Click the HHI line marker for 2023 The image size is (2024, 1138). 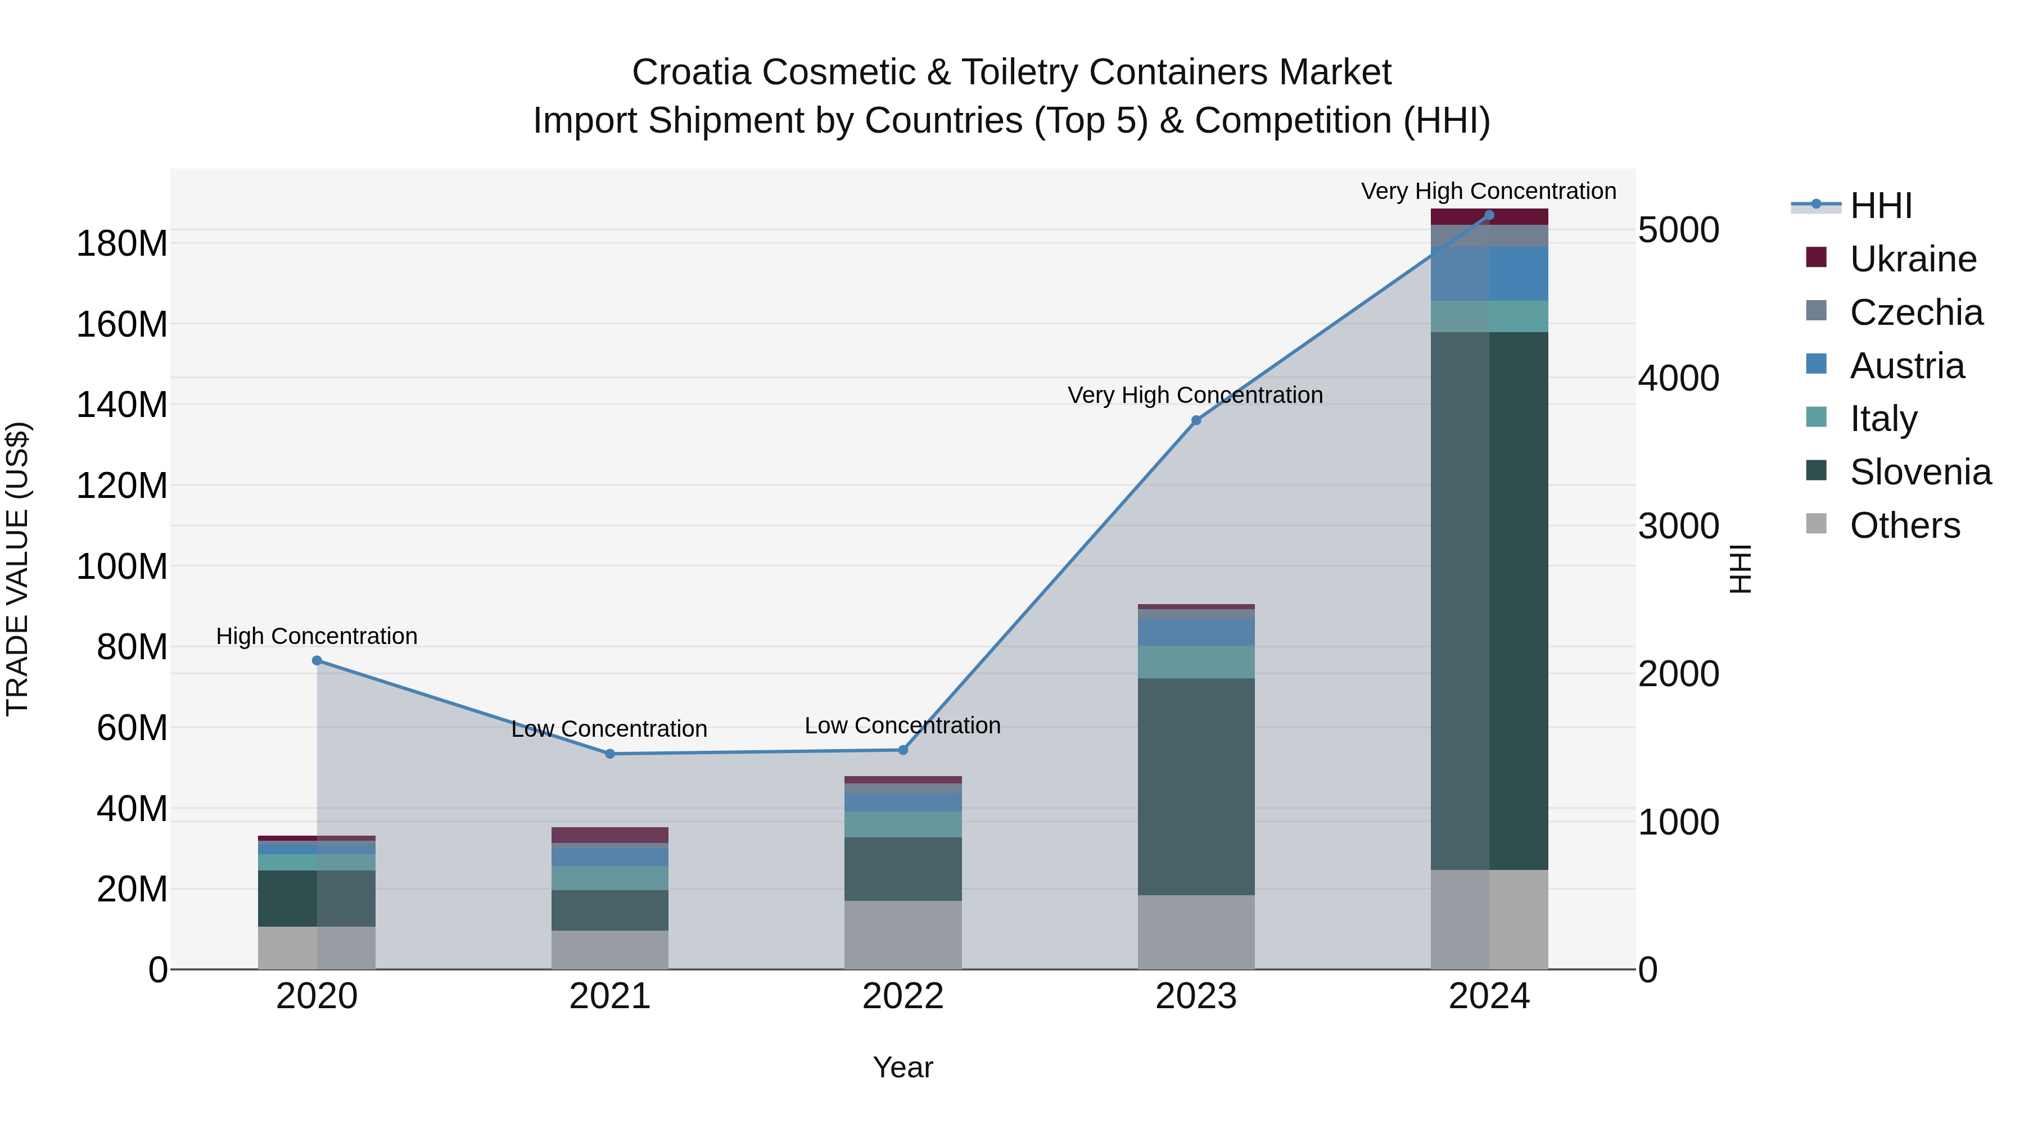(x=1196, y=420)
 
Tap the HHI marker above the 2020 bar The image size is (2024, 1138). (x=317, y=660)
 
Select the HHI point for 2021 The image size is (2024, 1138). (x=609, y=754)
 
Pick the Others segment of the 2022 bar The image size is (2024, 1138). (x=903, y=935)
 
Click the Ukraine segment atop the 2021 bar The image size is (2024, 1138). (x=609, y=835)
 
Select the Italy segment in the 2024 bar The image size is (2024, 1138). (x=1489, y=316)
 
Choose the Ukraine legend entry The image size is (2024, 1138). (x=1913, y=259)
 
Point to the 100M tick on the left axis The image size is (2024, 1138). (x=122, y=566)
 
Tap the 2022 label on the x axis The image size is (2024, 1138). (x=903, y=996)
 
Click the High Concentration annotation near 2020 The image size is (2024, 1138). (x=317, y=636)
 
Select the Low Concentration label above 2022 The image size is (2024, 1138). (x=903, y=725)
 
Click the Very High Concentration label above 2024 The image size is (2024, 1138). (x=1488, y=191)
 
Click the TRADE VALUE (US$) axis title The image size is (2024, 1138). (x=17, y=569)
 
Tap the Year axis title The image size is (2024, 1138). (x=903, y=1067)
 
